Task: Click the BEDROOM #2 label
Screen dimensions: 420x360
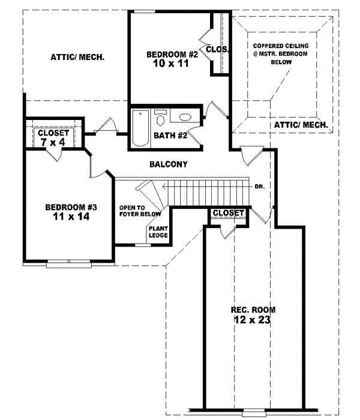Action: tap(172, 55)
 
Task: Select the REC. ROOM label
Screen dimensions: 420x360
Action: tap(253, 310)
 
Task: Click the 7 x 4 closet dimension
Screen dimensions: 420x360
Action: tap(53, 142)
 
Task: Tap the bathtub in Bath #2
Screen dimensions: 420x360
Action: tap(140, 128)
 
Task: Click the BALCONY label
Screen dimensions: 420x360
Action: tap(169, 164)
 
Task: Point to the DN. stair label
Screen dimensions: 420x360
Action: tap(259, 186)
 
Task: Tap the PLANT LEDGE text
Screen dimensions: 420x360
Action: tap(158, 232)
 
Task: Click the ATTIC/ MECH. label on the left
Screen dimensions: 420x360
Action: tap(78, 58)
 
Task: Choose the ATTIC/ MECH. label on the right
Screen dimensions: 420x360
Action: tap(301, 125)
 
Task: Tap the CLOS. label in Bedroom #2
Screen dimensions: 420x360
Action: tap(217, 49)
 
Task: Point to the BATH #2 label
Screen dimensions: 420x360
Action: tap(171, 136)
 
